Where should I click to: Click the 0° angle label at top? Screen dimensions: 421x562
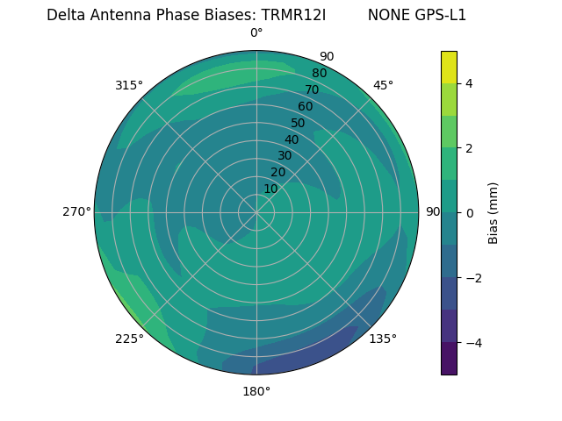(256, 33)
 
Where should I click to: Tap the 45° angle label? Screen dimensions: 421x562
(383, 85)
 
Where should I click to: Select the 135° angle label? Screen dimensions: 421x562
(383, 339)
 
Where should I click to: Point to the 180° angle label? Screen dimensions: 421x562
(256, 391)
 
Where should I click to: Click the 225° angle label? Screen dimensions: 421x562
(129, 339)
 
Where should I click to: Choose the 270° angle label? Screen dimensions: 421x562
(76, 211)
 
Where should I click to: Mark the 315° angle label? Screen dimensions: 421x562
(129, 85)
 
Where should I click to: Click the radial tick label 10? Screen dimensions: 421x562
(271, 189)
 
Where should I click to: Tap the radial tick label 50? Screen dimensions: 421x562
(298, 124)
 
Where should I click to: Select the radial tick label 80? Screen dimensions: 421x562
(319, 74)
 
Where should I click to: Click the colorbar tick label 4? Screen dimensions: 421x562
(470, 83)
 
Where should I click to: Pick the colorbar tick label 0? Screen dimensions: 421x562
(470, 213)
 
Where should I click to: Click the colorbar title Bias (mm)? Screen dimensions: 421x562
(494, 213)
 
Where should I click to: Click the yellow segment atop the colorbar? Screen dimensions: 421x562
(449, 67)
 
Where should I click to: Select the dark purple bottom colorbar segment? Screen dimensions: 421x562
(449, 359)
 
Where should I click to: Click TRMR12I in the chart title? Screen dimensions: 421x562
(293, 15)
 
